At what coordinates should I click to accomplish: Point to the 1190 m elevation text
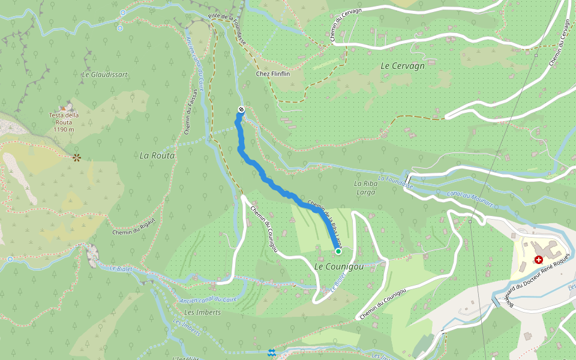64,129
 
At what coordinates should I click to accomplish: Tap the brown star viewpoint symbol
76,158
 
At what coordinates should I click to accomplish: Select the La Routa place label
157,155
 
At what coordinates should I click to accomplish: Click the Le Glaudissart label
104,74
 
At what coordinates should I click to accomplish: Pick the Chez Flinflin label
272,74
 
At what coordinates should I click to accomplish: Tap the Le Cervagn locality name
403,66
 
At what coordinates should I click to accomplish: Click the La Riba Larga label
365,188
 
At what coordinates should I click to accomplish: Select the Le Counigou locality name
339,266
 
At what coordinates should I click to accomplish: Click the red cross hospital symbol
539,260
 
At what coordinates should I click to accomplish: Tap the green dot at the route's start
338,251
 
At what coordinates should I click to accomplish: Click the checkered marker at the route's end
241,109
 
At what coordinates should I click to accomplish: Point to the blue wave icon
272,352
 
